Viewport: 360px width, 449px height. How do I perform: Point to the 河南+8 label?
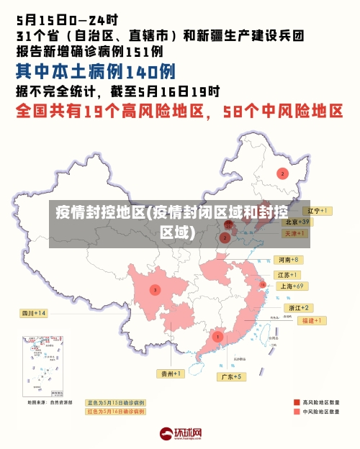[288, 259]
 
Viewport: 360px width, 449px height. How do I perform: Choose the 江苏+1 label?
[288, 275]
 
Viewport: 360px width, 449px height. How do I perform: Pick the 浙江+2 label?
[300, 307]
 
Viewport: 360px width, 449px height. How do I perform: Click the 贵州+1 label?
[171, 373]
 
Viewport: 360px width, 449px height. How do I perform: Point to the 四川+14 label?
[33, 313]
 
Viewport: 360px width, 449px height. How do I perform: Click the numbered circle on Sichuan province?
[155, 289]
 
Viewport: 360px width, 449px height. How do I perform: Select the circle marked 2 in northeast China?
[283, 173]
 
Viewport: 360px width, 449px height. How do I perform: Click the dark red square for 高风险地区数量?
[297, 402]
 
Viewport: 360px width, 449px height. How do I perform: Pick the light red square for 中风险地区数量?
[297, 412]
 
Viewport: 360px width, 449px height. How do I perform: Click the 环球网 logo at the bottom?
[180, 434]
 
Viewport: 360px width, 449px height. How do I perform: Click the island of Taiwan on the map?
[272, 332]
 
